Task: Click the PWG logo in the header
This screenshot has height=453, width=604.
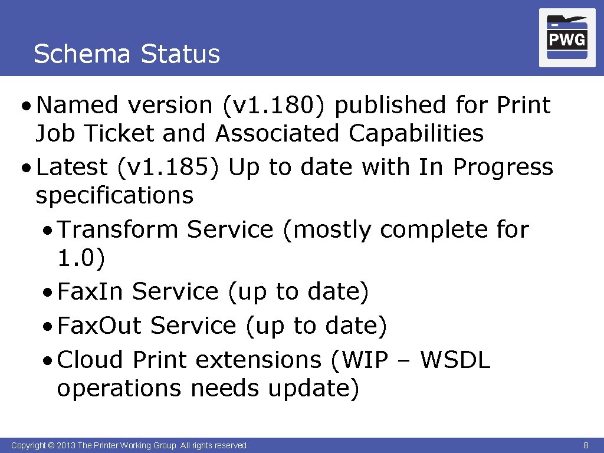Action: [567, 38]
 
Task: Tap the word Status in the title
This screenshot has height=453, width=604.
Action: [180, 54]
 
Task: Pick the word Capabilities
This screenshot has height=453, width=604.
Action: [416, 133]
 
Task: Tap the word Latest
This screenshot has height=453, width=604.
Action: [71, 168]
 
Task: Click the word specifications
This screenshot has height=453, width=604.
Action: [114, 195]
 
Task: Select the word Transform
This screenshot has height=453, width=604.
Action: [117, 229]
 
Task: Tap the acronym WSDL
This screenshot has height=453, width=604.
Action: [455, 360]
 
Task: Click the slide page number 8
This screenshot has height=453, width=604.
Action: [586, 445]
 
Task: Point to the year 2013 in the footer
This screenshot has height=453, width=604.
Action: [67, 445]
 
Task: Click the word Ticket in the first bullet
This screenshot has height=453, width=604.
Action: [120, 133]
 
